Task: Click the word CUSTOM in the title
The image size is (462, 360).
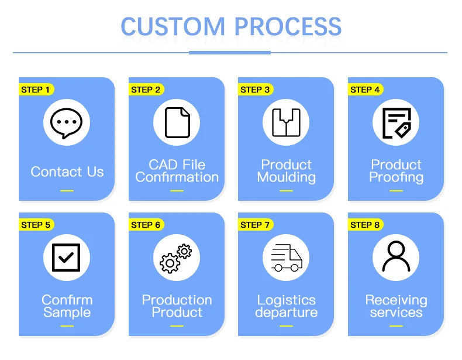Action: point(173,26)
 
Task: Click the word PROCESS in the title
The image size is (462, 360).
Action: point(288,26)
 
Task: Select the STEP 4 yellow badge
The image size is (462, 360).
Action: point(366,90)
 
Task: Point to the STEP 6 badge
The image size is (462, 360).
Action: point(146,225)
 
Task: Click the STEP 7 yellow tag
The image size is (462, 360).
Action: point(256,225)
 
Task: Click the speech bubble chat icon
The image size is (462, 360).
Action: point(66,123)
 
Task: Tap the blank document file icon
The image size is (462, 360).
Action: point(177,123)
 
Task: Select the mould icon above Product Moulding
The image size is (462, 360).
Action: point(286,123)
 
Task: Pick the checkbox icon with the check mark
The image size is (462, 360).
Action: point(66,258)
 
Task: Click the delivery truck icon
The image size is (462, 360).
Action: point(287,258)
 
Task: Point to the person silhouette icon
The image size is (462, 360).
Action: point(396,256)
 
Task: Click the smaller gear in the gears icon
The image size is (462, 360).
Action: point(184,252)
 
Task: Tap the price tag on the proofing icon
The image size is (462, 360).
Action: point(404,130)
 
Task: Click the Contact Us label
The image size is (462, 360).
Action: point(67,172)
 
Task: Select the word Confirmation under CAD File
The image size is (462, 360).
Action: point(177,177)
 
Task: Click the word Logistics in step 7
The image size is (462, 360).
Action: point(287,301)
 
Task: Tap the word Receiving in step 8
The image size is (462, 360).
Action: point(396,301)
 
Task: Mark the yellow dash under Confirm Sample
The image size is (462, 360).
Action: point(67,326)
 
